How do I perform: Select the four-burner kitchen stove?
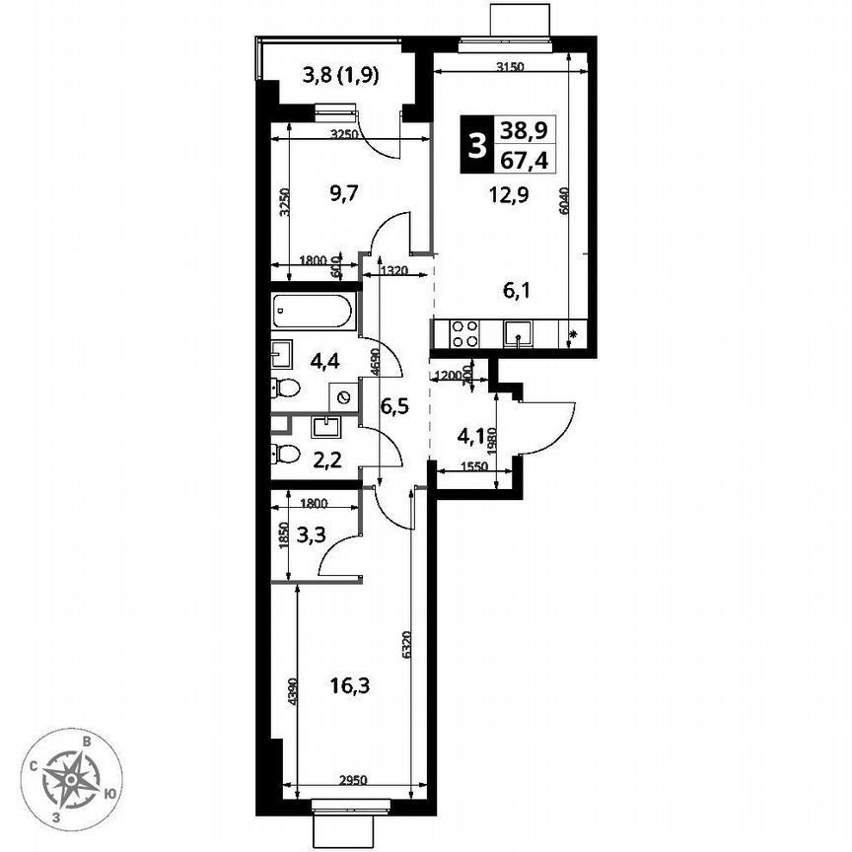coord(464,335)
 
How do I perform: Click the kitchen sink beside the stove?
coord(517,335)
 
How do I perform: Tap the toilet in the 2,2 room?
coord(286,455)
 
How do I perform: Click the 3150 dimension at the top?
coord(509,66)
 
